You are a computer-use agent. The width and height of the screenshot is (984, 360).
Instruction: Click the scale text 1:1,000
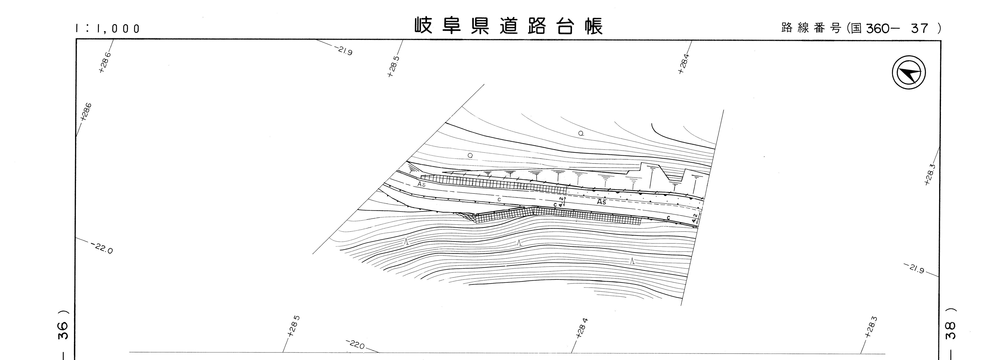pos(108,29)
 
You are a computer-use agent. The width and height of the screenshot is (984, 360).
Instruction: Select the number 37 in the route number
pos(919,28)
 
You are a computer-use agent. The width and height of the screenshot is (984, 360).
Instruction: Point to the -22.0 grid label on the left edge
pos(102,248)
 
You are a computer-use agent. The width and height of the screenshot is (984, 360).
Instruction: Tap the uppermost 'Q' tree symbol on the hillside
pos(581,133)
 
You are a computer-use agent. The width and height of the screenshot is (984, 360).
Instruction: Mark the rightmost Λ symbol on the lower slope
pos(633,261)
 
